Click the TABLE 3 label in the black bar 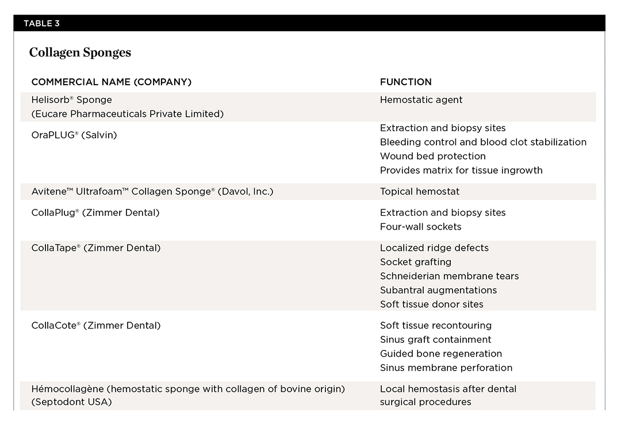(x=41, y=24)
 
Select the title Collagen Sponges (x=80, y=53)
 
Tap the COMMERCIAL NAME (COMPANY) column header (x=111, y=82)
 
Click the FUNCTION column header (x=405, y=82)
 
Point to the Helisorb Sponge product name (x=71, y=100)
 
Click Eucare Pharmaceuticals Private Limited (x=127, y=114)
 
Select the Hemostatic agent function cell (x=421, y=100)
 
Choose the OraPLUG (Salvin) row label (x=74, y=135)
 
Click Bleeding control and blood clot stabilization (x=483, y=142)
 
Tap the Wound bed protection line (x=432, y=156)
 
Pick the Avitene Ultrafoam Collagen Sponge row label (x=152, y=192)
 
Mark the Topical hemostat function (x=419, y=192)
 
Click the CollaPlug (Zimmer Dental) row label (x=95, y=213)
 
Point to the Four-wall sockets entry (x=420, y=227)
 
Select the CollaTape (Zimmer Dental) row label (x=95, y=248)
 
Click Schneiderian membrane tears (x=449, y=276)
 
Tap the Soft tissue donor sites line (x=431, y=304)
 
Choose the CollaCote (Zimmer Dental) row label (x=95, y=326)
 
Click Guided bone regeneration (x=440, y=354)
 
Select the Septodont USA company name (x=71, y=402)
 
